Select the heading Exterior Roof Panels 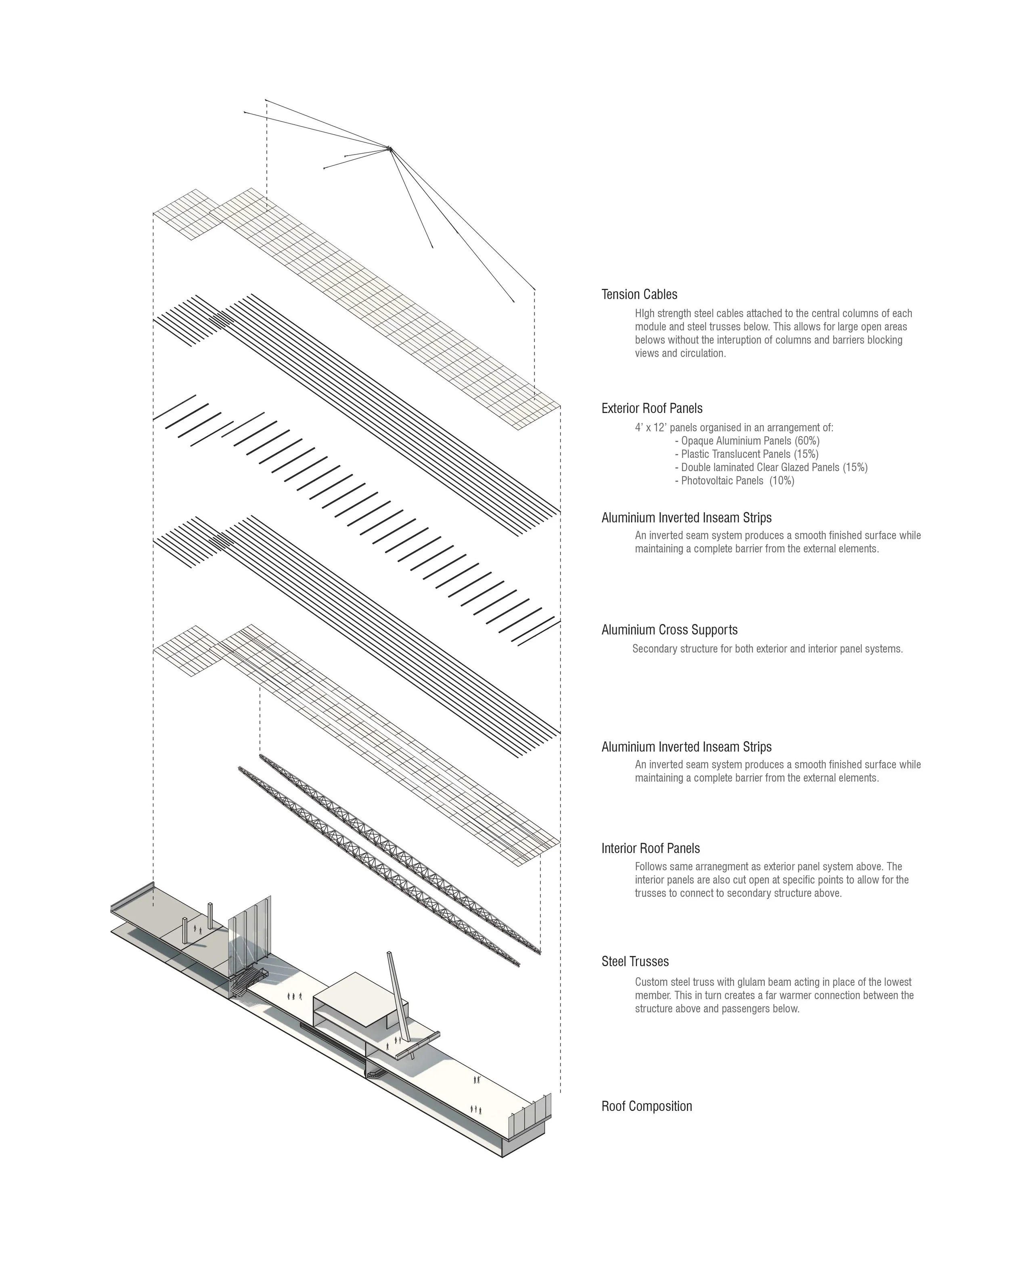pos(652,408)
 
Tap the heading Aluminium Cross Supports pos(669,630)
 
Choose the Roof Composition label pos(646,1106)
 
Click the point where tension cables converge pos(389,147)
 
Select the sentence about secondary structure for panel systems pos(766,649)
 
